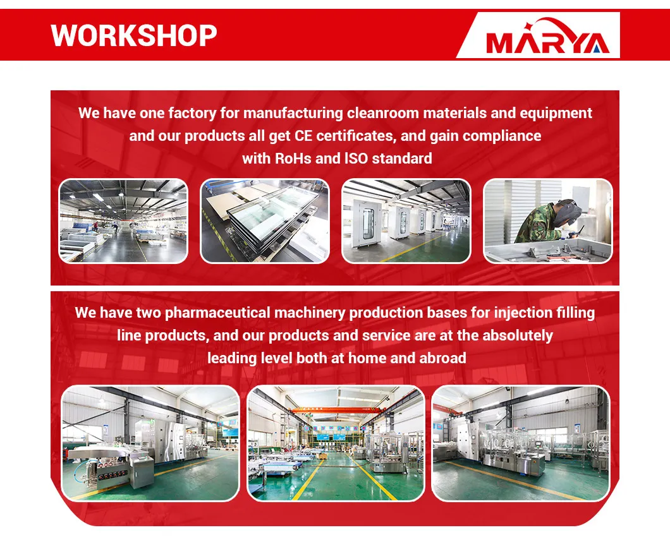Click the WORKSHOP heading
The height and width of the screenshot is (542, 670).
pyautogui.click(x=134, y=35)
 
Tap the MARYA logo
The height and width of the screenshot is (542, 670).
pyautogui.click(x=547, y=42)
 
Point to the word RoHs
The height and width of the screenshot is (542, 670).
pyautogui.click(x=293, y=158)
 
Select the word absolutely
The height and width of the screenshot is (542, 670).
pyautogui.click(x=517, y=335)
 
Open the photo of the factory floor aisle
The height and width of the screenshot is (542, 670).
pyautogui.click(x=123, y=221)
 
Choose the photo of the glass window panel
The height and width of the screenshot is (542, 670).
pyautogui.click(x=265, y=221)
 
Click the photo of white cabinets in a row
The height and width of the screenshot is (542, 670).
pyautogui.click(x=406, y=221)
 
